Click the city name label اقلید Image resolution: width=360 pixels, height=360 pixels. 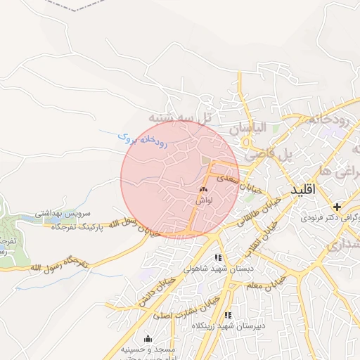coord(306,190)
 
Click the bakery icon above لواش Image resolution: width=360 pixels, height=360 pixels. coord(204,189)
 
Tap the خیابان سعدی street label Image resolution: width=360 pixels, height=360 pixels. coord(238,184)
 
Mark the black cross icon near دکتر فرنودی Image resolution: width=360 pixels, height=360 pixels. coord(337,207)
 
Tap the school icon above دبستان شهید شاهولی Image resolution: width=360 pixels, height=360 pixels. coord(218,258)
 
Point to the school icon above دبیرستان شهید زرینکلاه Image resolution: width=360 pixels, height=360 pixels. coord(226,315)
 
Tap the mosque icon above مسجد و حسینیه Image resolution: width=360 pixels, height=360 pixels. coord(148,338)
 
